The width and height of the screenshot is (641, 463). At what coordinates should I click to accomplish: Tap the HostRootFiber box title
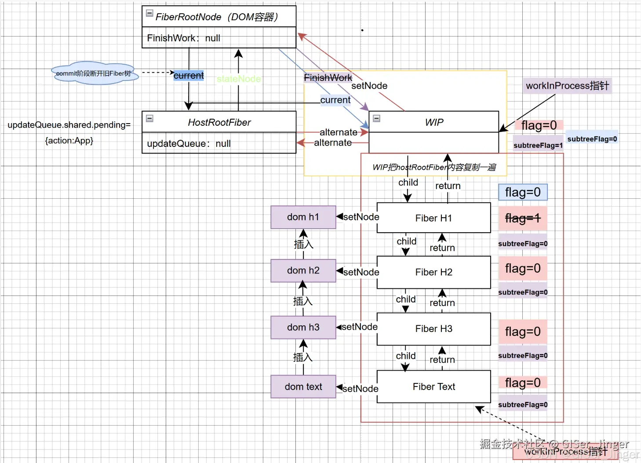(219, 122)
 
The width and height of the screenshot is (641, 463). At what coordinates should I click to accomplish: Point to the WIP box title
(434, 122)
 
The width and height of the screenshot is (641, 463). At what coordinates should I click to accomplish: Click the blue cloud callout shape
(94, 73)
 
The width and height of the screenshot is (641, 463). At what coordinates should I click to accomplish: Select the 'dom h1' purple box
(303, 217)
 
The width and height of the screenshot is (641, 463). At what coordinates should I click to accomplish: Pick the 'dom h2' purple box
(303, 270)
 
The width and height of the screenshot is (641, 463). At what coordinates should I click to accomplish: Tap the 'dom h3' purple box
(303, 328)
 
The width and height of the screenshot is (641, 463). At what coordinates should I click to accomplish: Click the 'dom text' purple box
(303, 386)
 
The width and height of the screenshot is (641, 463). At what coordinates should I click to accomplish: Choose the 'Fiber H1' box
(433, 218)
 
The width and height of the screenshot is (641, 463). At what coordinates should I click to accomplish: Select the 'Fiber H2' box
(433, 272)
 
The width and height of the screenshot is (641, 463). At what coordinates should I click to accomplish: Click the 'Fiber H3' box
(433, 329)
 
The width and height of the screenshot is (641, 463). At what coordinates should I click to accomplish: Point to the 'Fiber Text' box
(433, 386)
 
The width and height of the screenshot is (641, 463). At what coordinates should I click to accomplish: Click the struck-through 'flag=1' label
(523, 218)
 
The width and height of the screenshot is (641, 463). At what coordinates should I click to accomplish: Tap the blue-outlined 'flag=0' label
(523, 192)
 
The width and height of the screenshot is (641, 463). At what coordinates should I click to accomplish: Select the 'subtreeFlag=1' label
(538, 146)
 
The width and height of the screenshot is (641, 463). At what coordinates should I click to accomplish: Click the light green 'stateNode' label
(239, 79)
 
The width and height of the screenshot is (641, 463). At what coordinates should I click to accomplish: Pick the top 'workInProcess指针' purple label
(567, 86)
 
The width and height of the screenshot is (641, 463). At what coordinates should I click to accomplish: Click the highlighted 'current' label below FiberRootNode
(189, 76)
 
